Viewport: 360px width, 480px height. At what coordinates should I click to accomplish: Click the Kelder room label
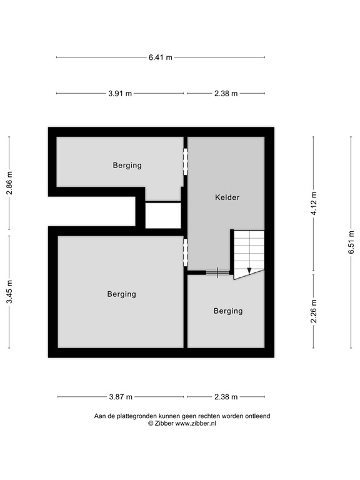point(227,197)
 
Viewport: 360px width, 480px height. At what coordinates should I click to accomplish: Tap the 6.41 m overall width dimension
point(160,57)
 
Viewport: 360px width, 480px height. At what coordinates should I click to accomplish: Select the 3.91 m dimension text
point(120,94)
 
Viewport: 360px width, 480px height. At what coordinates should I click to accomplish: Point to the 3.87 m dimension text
point(120,397)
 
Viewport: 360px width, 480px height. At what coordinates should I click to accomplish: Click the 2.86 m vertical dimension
point(9,182)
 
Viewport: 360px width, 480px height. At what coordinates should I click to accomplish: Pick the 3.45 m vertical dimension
point(9,292)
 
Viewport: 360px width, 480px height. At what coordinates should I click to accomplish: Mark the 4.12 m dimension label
point(314,204)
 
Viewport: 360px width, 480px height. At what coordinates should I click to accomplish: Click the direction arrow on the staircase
point(249,269)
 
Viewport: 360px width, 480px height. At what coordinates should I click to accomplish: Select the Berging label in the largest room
point(121,294)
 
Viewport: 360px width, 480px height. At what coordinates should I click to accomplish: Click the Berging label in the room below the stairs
point(227,311)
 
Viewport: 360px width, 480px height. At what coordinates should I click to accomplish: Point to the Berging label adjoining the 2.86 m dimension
point(127,166)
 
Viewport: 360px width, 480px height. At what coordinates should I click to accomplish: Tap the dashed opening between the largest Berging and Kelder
point(185,252)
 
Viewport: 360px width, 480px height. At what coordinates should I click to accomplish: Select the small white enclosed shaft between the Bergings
point(163,216)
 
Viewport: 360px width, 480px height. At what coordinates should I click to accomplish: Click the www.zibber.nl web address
point(196,423)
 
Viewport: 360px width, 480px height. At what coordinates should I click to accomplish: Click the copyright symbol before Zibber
point(150,423)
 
